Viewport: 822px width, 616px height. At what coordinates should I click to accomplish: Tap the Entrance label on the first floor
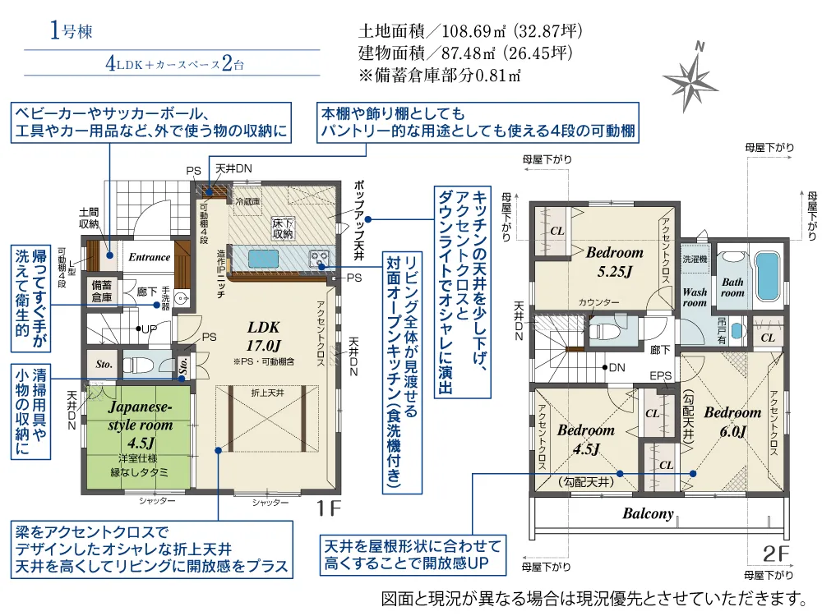coord(149,257)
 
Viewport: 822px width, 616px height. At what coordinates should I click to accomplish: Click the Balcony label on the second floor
coord(647,514)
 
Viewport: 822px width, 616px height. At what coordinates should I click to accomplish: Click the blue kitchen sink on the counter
coord(264,258)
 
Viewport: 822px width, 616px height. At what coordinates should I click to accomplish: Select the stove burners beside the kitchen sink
coord(318,259)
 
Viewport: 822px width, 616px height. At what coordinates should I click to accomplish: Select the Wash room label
coord(695,297)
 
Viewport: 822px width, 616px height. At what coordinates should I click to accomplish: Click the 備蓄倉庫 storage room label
coord(103,289)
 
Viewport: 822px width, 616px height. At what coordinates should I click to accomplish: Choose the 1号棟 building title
coord(71,33)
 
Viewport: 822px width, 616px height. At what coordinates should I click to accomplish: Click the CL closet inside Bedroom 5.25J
coord(556,231)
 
